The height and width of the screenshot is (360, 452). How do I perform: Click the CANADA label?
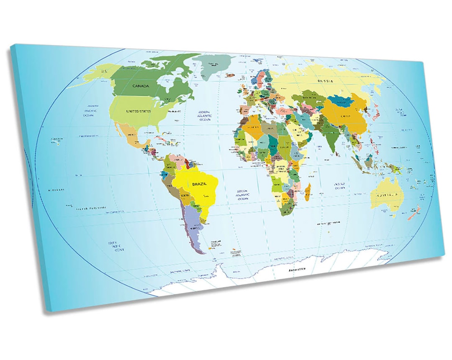tap(141, 86)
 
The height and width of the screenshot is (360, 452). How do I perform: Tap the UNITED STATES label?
tap(138, 111)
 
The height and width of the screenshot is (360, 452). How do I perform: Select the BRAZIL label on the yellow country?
tap(199, 184)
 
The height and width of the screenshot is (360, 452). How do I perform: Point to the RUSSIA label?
tap(325, 81)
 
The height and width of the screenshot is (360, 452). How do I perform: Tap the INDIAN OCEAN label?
tap(339, 186)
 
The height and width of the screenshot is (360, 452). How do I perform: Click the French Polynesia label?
tap(91, 208)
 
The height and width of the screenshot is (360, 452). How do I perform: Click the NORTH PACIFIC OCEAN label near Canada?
tap(90, 111)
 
